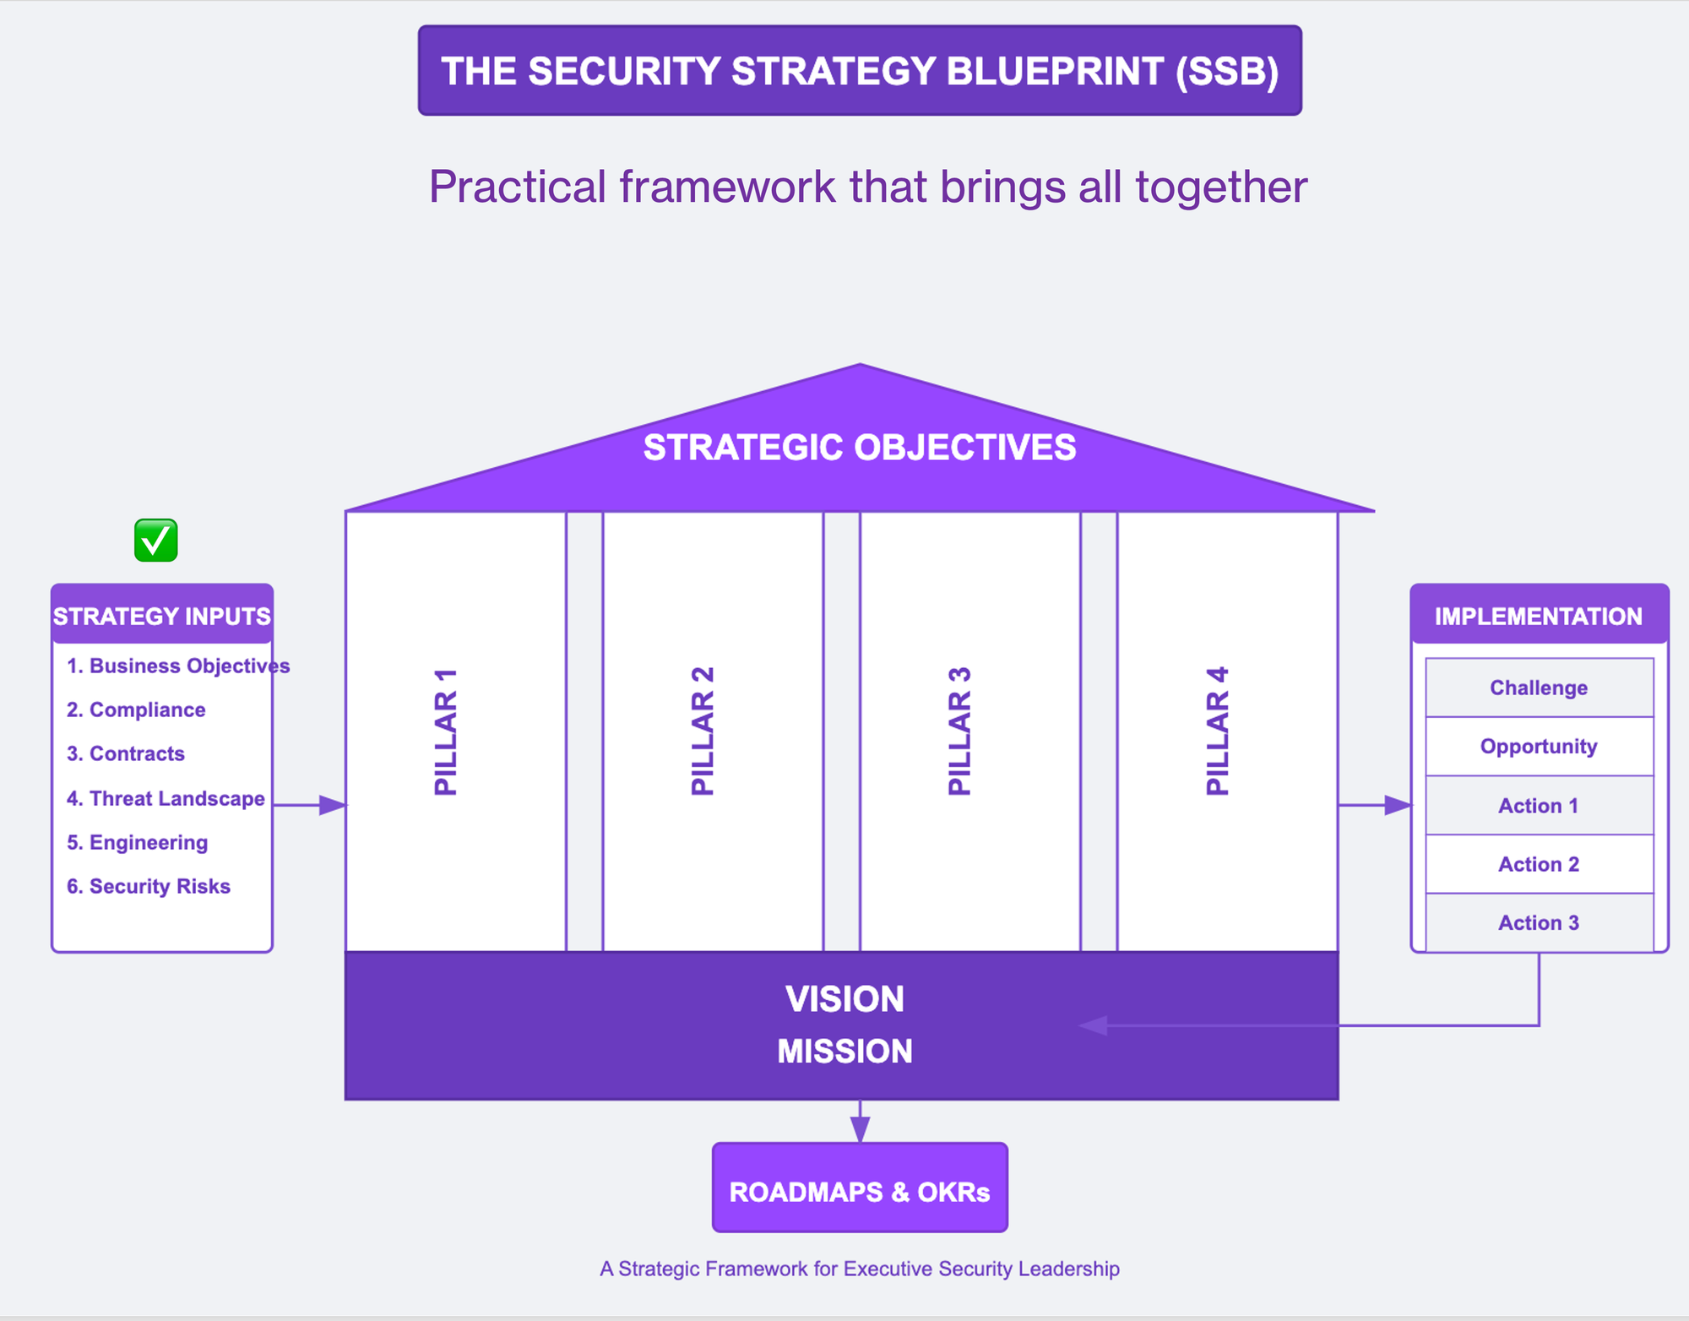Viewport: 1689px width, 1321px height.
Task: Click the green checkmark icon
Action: (x=156, y=541)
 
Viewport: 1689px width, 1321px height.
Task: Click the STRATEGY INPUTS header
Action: (x=162, y=616)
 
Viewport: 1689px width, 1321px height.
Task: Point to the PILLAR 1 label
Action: (x=446, y=732)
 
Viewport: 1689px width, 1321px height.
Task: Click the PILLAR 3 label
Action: (x=960, y=732)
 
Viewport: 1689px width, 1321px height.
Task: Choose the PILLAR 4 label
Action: (x=1218, y=732)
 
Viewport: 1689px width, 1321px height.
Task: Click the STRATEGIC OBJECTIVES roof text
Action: (x=860, y=448)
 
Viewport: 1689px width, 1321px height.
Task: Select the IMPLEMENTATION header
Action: (x=1539, y=616)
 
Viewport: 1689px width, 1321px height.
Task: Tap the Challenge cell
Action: (x=1539, y=688)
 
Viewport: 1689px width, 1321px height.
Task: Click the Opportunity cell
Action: (x=1539, y=747)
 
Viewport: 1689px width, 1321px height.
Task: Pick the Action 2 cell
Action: (x=1539, y=864)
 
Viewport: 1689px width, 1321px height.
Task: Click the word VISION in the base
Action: (x=844, y=999)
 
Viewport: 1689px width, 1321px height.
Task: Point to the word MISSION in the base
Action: (x=844, y=1052)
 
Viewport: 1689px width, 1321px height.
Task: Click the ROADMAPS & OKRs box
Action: (x=860, y=1191)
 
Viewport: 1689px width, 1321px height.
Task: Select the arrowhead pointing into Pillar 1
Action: (x=333, y=805)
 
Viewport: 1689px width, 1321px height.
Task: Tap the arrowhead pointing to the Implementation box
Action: (x=1398, y=805)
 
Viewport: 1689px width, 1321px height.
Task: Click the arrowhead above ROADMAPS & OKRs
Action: (x=860, y=1129)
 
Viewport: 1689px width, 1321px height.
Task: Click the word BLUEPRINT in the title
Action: (x=1055, y=71)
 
